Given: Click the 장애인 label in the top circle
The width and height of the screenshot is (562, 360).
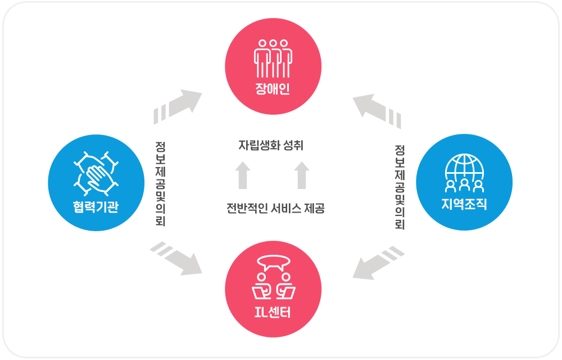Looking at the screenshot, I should [273, 89].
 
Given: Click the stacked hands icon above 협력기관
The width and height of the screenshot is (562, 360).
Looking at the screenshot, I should [97, 172].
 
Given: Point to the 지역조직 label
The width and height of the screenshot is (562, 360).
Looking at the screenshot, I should [464, 205].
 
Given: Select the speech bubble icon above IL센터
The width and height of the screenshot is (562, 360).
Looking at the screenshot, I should [273, 262].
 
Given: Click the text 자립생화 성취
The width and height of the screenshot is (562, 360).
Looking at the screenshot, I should [271, 145].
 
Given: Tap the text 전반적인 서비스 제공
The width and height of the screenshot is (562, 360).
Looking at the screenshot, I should [275, 209].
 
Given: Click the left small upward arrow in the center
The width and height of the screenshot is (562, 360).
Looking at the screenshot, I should [242, 175].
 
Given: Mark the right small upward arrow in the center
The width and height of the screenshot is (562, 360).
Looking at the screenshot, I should [302, 175].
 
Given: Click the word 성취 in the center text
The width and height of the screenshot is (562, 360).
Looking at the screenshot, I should [293, 145].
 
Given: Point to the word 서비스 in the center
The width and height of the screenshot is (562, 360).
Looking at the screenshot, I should [285, 209].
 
